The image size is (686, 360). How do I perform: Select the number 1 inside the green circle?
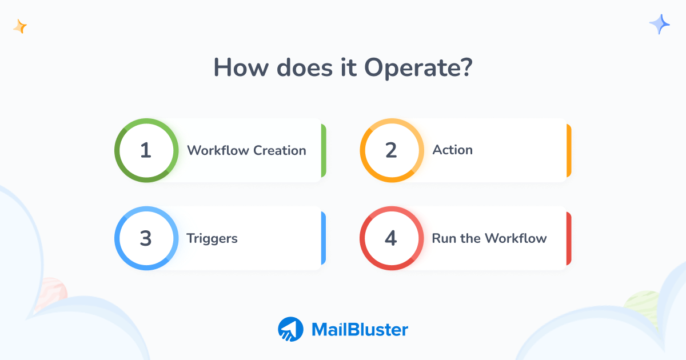146,150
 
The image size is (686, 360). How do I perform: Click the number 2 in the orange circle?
391,150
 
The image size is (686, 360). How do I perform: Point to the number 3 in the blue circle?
146,238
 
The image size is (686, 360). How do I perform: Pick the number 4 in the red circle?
391,238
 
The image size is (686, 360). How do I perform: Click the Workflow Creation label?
246,150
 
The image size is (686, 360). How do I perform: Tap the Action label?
453,150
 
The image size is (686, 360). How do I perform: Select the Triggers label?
212,238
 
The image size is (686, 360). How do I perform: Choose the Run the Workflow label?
489,238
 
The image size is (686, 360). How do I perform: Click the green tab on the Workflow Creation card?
324,150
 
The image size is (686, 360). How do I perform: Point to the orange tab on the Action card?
569,150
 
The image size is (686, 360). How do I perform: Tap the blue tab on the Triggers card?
324,238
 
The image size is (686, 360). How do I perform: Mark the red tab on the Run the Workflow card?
569,238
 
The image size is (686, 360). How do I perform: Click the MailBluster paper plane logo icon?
290,330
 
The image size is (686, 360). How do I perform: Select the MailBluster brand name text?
360,330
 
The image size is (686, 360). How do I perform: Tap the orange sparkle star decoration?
21,26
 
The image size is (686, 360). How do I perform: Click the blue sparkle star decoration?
660,25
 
